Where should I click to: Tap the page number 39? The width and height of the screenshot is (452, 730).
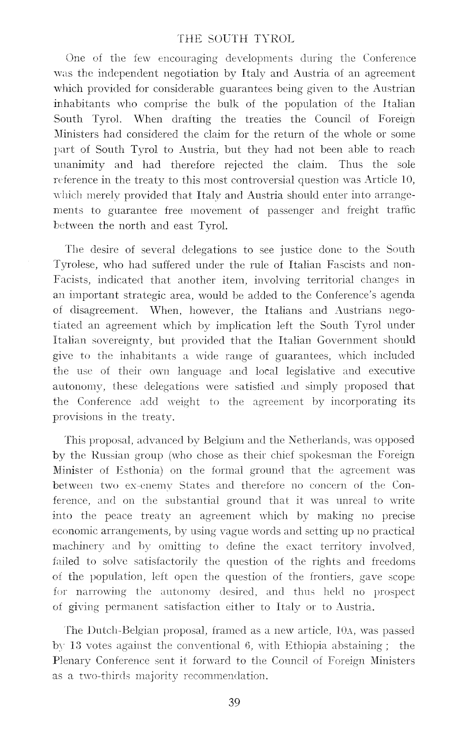(234, 702)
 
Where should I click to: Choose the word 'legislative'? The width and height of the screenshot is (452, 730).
(310, 371)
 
